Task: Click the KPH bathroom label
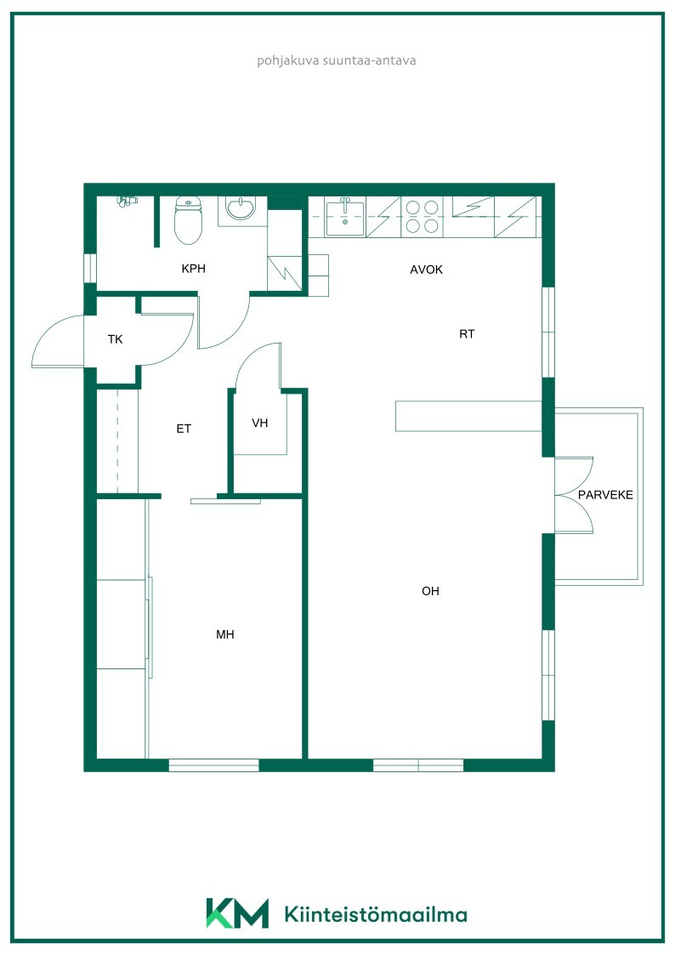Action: click(x=194, y=268)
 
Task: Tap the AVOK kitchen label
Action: click(x=426, y=270)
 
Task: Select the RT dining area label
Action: click(x=467, y=333)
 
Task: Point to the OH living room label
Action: click(x=430, y=591)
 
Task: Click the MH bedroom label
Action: click(x=225, y=634)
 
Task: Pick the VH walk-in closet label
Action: click(x=260, y=423)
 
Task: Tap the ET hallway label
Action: click(x=184, y=429)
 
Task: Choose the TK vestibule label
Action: click(x=115, y=339)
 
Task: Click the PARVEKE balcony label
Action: click(x=605, y=495)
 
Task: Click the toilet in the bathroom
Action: click(x=188, y=219)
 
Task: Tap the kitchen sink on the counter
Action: click(x=345, y=217)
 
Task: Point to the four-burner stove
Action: click(x=423, y=217)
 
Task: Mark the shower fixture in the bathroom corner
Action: click(x=128, y=201)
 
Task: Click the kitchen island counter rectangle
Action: click(x=468, y=416)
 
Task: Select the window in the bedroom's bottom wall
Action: click(x=213, y=765)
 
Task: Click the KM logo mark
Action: click(x=237, y=912)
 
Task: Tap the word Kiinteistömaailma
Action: click(x=376, y=914)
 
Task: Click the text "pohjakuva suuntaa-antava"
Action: click(x=337, y=60)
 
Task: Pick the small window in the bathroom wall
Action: click(x=90, y=268)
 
